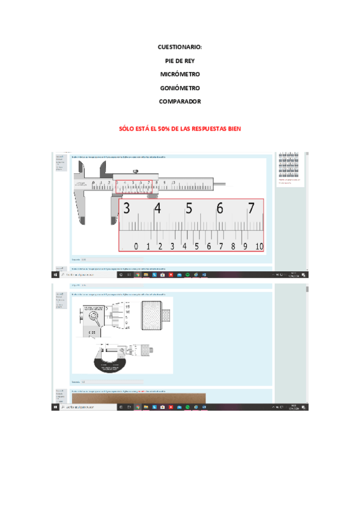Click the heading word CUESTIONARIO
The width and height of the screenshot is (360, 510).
coord(179,46)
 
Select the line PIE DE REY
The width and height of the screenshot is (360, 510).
coord(180,60)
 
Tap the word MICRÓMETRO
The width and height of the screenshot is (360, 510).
coord(180,74)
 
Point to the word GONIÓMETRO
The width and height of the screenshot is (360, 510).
coord(180,88)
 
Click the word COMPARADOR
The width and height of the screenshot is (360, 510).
coord(180,102)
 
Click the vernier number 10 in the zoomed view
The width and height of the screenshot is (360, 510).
coord(259,247)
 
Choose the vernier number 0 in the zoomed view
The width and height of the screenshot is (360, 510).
coord(136,247)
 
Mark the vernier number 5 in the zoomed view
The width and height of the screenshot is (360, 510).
coord(197,247)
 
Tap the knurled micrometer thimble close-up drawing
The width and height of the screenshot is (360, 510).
coord(154,315)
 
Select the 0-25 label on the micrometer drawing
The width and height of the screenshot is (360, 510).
coord(92,332)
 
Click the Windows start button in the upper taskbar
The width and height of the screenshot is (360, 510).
coord(55,274)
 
